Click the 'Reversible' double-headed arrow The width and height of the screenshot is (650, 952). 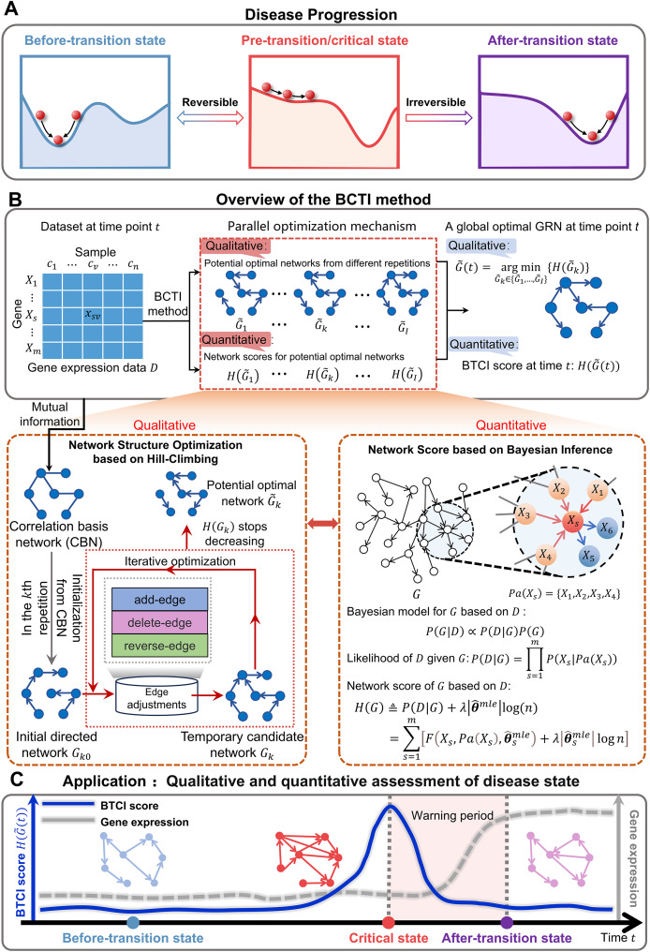(210, 118)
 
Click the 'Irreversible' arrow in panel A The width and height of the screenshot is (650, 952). (438, 118)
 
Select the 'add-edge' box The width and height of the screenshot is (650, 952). (159, 600)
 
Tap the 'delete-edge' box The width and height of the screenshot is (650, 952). (159, 623)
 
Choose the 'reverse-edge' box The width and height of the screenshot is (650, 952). (159, 646)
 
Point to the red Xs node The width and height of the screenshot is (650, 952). (572, 520)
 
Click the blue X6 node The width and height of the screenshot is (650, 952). (607, 528)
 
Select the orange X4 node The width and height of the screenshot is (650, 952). (545, 555)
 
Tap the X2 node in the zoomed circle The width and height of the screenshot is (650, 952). (559, 489)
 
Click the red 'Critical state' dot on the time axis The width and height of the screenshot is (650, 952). (389, 923)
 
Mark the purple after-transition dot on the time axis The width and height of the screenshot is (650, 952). (507, 923)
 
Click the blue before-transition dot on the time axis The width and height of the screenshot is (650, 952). (133, 923)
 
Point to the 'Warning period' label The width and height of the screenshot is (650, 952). (452, 815)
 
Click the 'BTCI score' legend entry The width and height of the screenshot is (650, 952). (101, 806)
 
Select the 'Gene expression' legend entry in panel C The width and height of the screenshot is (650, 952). (115, 822)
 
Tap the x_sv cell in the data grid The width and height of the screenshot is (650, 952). (92, 315)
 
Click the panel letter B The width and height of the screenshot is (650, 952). (15, 200)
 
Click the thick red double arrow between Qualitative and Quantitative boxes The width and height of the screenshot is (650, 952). (323, 523)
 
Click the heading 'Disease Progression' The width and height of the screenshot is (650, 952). (321, 14)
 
